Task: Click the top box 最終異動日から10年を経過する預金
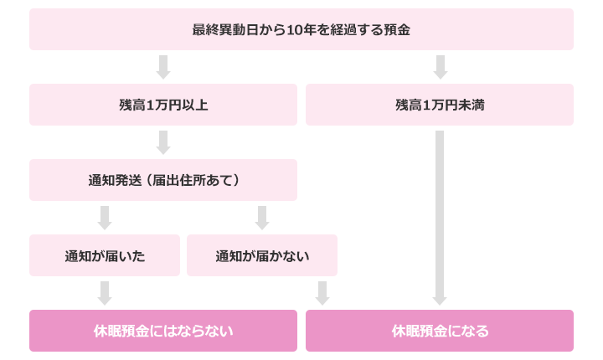click(301, 29)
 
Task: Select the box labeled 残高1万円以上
click(163, 105)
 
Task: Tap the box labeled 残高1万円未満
click(440, 105)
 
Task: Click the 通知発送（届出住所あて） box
click(163, 180)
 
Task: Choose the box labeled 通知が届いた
click(105, 255)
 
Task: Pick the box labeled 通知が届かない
click(262, 255)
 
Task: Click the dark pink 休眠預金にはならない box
click(163, 331)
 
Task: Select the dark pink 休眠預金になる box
click(440, 331)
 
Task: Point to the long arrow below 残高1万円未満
click(440, 218)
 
